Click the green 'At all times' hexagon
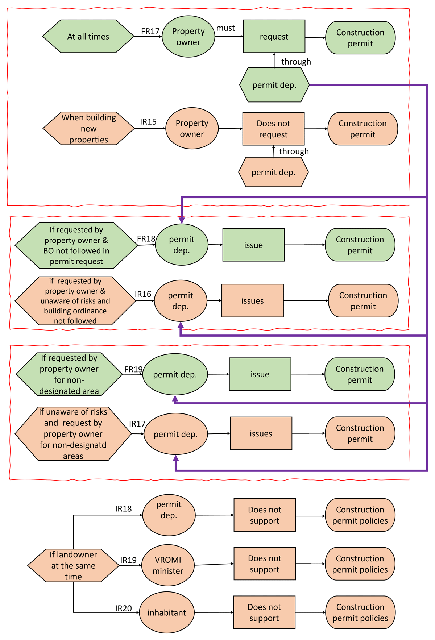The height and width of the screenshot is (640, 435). (88, 36)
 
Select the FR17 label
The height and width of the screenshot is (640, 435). (150, 32)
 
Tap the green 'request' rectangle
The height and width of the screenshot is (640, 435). (274, 36)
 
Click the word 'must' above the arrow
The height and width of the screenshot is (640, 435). (225, 28)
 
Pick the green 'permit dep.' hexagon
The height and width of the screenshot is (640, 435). (274, 85)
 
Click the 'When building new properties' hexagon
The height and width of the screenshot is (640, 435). (89, 128)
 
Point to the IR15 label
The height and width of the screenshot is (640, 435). (148, 122)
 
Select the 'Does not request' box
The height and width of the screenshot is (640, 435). (273, 129)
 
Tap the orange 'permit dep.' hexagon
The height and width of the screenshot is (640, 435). (273, 172)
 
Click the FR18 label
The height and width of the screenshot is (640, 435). (146, 239)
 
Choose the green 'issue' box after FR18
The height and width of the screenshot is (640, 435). (253, 245)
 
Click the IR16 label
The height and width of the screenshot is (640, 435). (143, 294)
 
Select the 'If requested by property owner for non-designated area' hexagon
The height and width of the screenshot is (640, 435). (69, 374)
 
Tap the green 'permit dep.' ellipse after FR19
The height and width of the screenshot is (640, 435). (175, 374)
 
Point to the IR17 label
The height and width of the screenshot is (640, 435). (137, 424)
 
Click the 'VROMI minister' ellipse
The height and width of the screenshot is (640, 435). (168, 565)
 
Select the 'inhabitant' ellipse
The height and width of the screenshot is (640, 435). (167, 612)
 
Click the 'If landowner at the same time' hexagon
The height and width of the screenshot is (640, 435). (73, 565)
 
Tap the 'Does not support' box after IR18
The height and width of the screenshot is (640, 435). (265, 515)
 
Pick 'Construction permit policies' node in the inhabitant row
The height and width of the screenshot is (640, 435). (360, 612)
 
